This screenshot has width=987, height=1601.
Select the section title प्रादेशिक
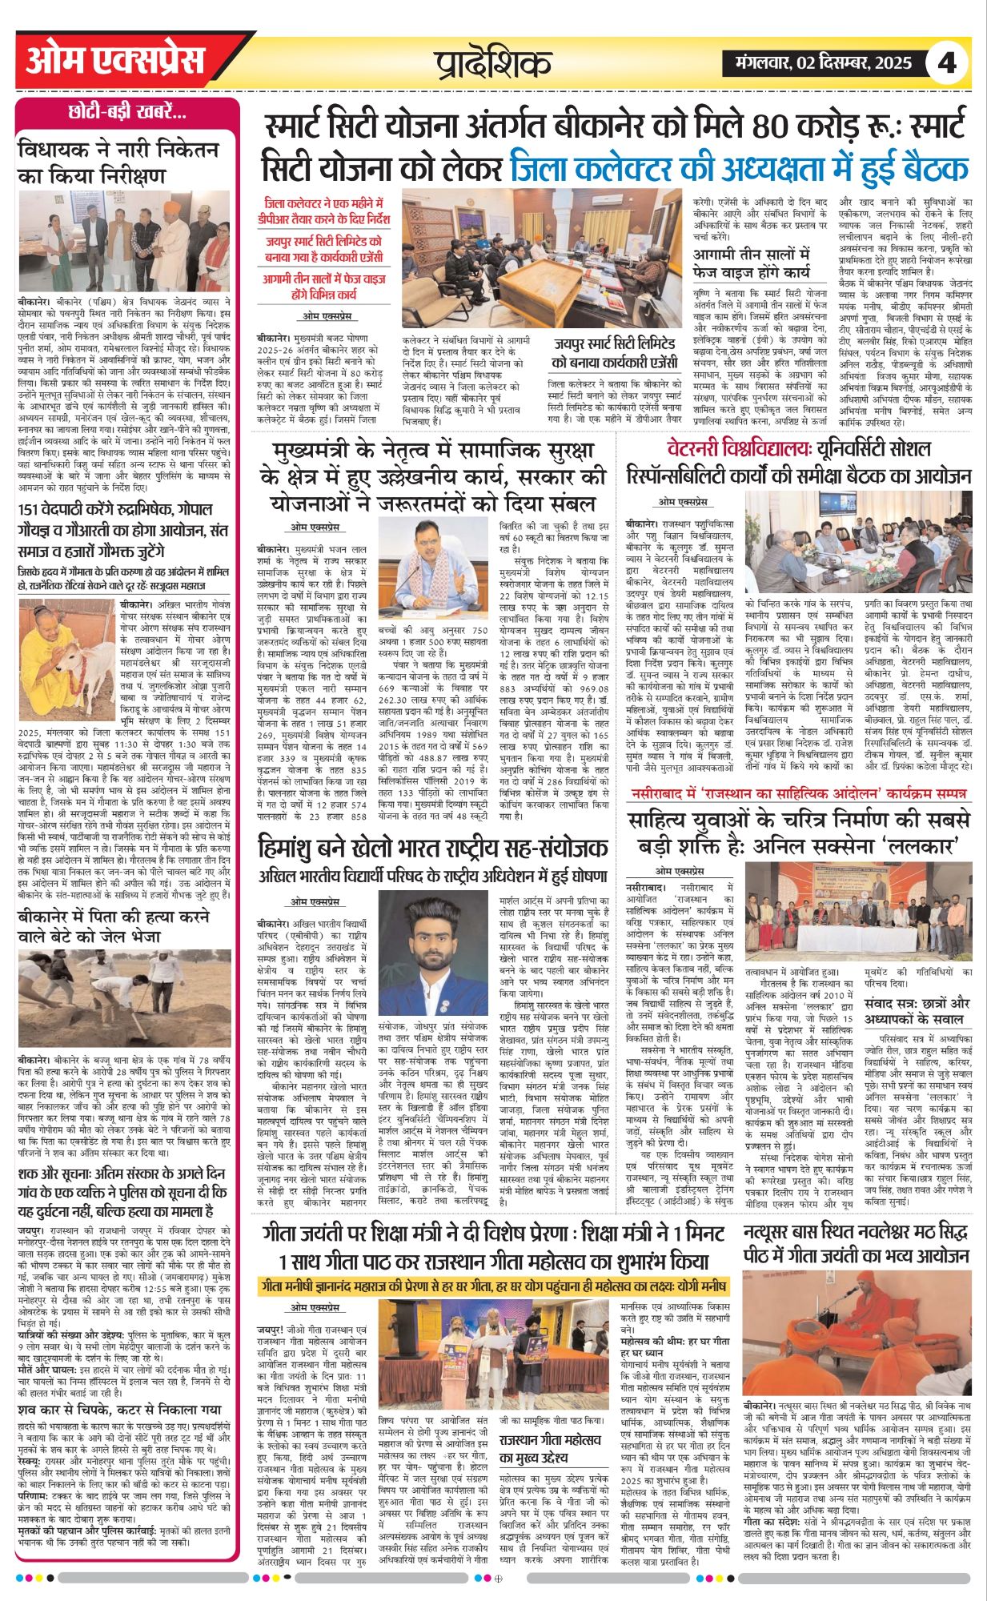[x=493, y=62]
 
